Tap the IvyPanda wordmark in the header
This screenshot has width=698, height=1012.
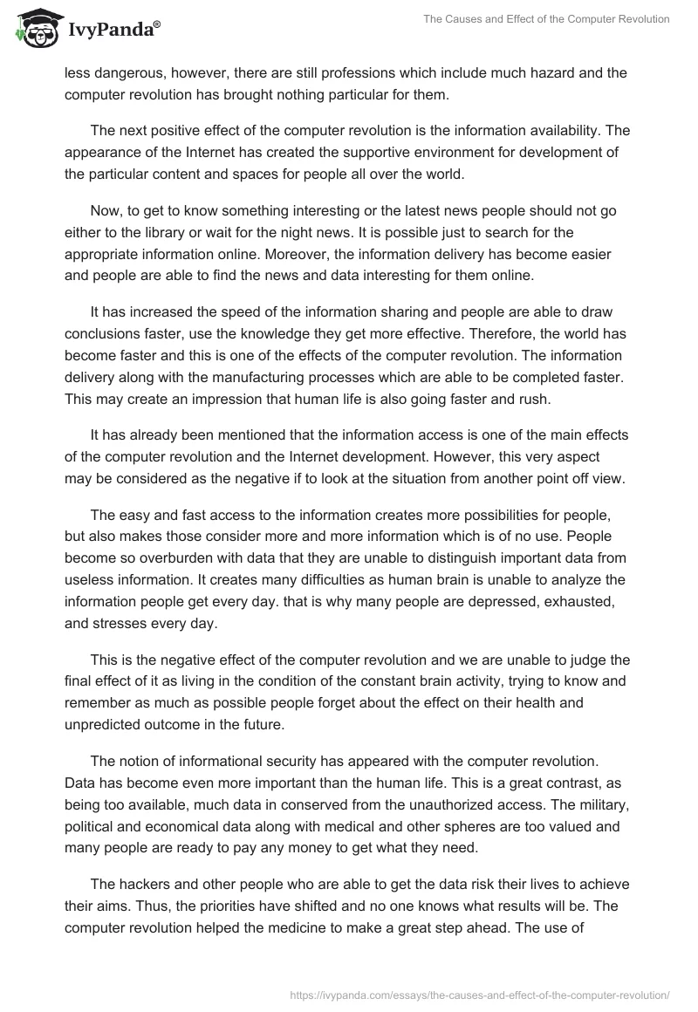tap(113, 31)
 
